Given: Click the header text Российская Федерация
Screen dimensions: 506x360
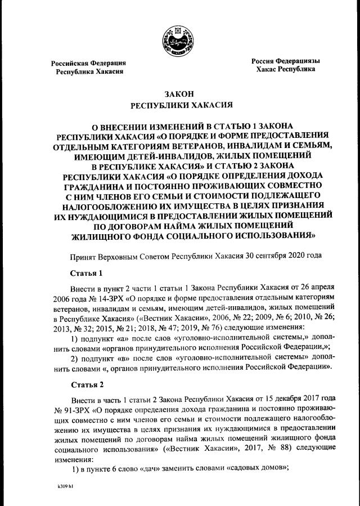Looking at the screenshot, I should [x=88, y=63].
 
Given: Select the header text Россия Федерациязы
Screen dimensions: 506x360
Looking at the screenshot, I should [x=285, y=60].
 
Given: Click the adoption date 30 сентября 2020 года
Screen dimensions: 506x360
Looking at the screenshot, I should [x=283, y=256].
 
